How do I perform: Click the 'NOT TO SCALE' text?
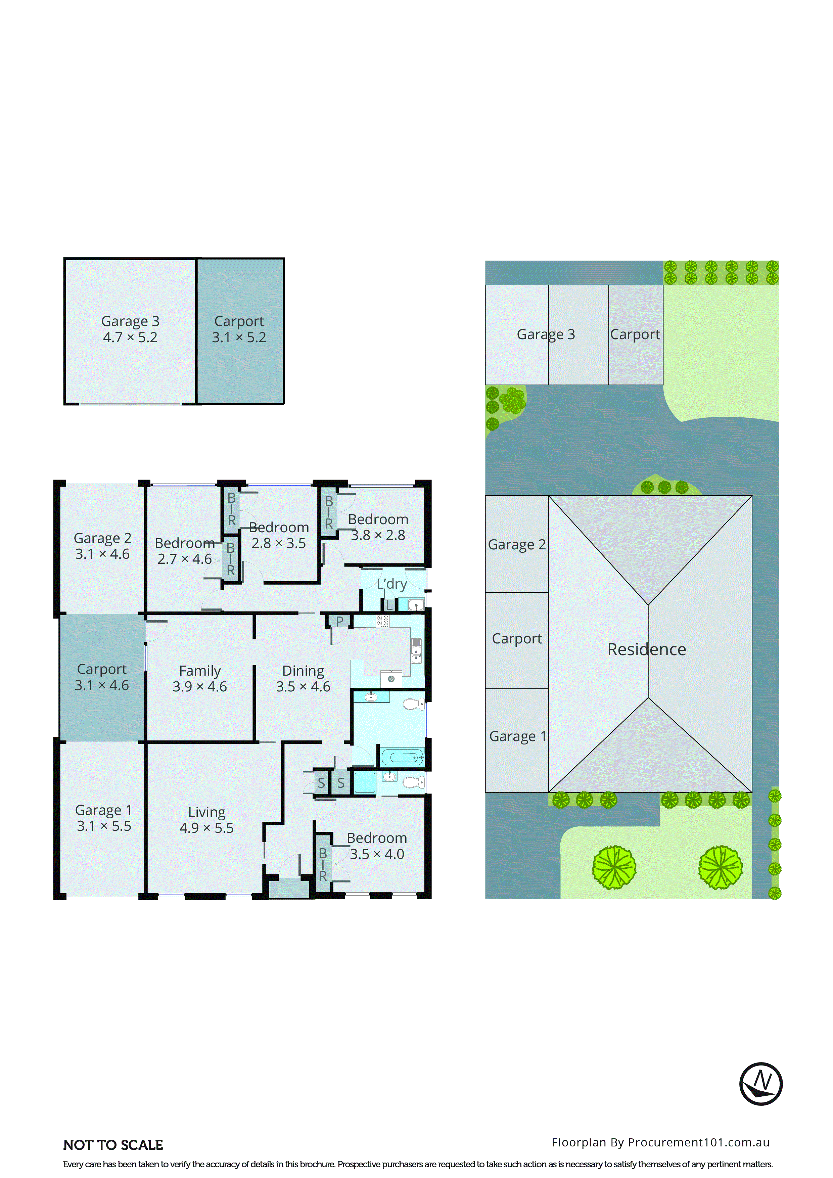click(113, 1145)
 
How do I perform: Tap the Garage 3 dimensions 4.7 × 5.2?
click(130, 337)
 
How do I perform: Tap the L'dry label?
click(391, 584)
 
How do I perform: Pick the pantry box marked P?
click(339, 621)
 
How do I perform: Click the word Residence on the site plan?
click(646, 649)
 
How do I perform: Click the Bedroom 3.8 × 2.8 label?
click(378, 527)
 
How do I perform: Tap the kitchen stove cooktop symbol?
click(383, 621)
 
